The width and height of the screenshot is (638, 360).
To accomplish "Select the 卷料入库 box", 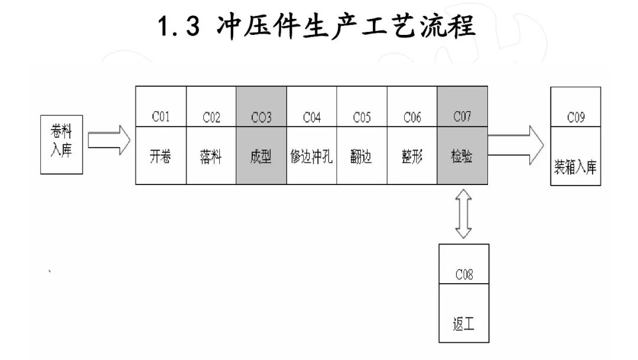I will [x=61, y=144].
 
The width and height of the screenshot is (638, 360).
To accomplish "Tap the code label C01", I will [x=161, y=117].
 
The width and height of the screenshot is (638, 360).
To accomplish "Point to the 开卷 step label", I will [x=161, y=158].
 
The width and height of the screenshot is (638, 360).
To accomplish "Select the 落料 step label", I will [x=211, y=158].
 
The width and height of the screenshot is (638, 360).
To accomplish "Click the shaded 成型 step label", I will [x=261, y=158].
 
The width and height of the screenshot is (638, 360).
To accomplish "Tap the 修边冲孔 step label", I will [x=312, y=158].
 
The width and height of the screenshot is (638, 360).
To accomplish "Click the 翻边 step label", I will [x=362, y=158].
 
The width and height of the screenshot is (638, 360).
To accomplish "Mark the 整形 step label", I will [x=412, y=158].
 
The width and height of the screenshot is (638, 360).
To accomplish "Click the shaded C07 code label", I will [x=462, y=116].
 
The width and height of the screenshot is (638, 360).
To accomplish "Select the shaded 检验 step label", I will [x=462, y=158].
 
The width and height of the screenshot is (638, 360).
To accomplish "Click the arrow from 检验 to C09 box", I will [x=515, y=144].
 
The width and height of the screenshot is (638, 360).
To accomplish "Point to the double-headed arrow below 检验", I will [x=463, y=213].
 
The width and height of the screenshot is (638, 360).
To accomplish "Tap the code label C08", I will [x=464, y=275].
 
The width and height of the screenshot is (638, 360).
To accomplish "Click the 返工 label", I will [x=464, y=325].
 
